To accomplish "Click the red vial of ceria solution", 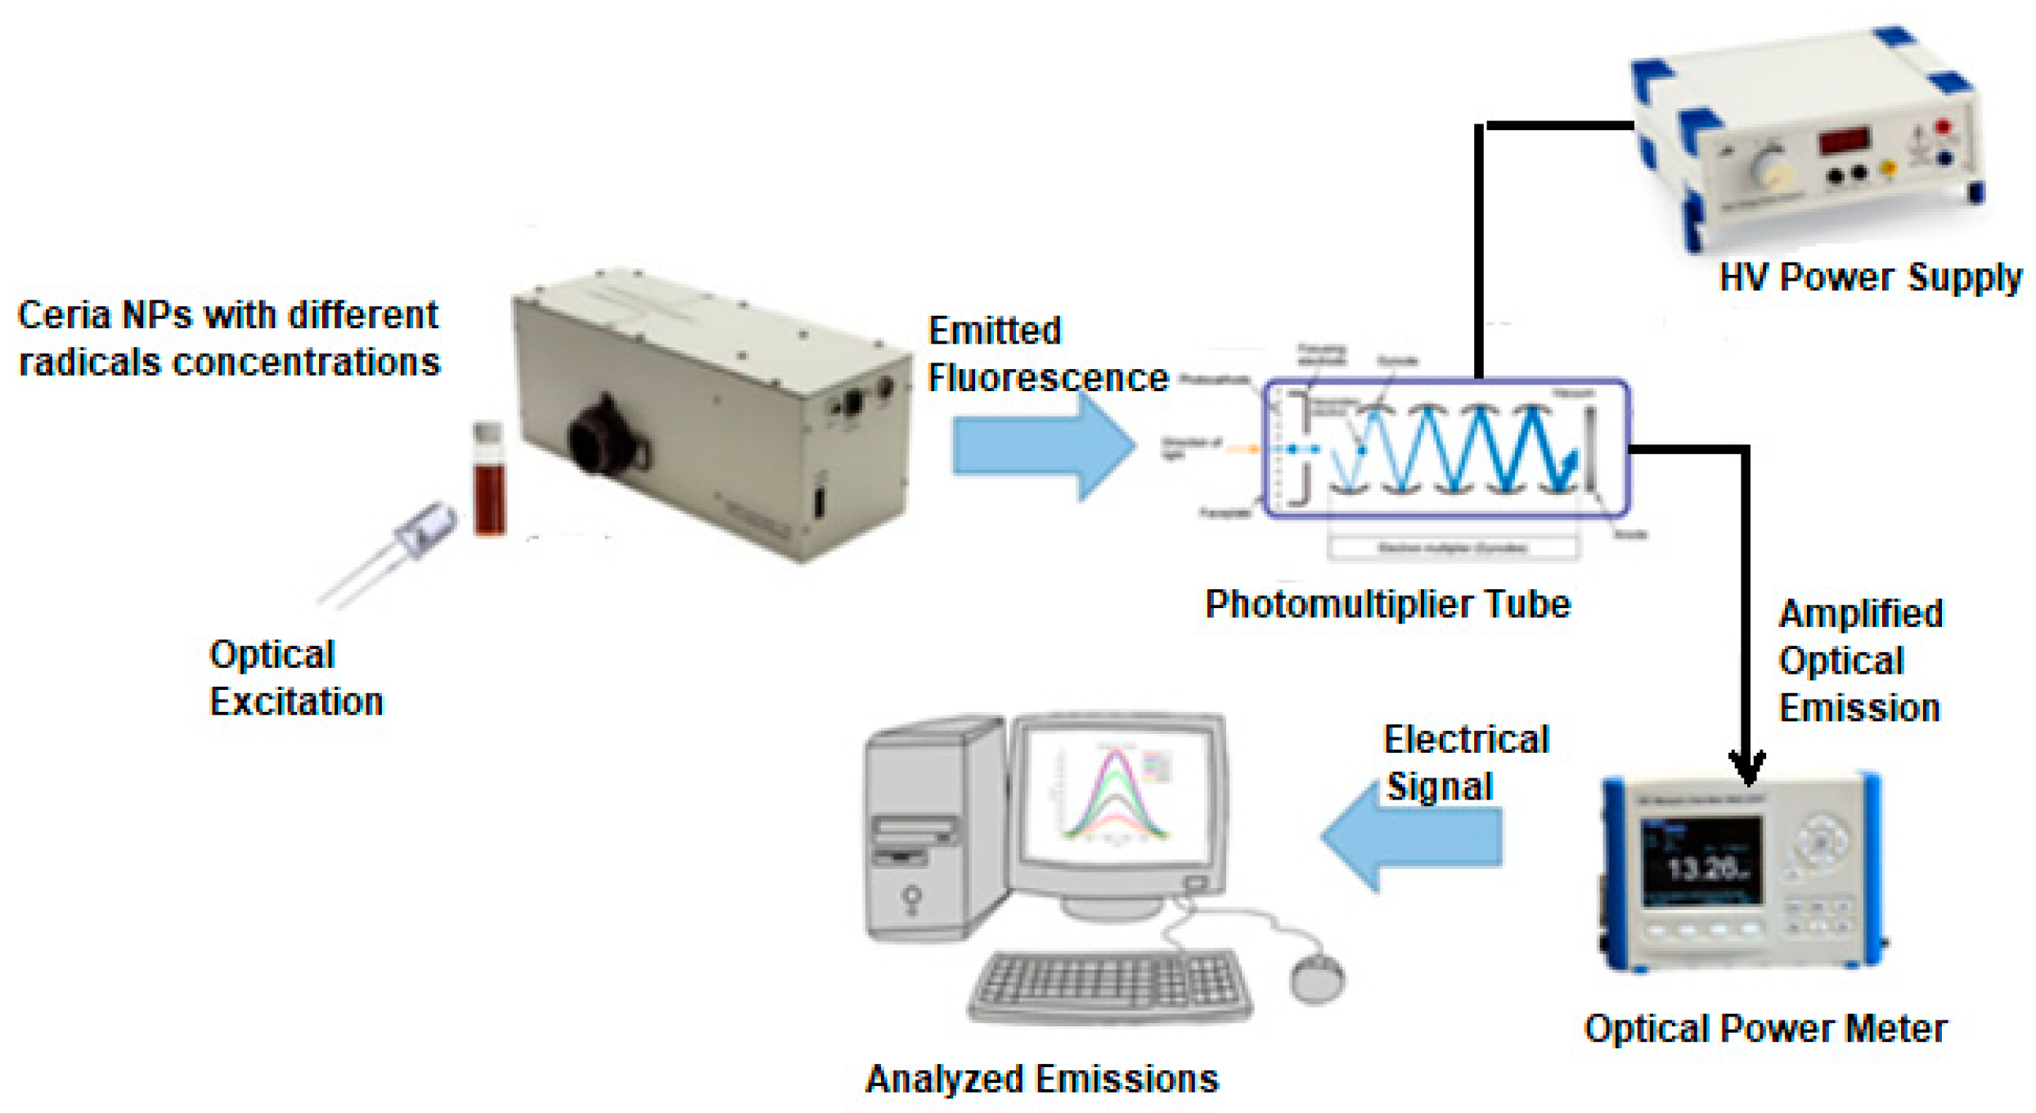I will click(x=489, y=483).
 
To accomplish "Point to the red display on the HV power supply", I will click(x=1844, y=139).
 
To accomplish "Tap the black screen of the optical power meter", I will click(x=1701, y=863).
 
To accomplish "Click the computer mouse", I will click(x=1316, y=977).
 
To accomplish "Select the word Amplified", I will click(x=1859, y=614).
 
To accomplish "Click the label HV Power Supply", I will click(x=1869, y=277).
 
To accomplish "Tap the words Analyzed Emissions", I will click(x=1041, y=1079).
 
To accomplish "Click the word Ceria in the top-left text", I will click(x=64, y=315).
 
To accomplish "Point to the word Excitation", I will click(x=296, y=702).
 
